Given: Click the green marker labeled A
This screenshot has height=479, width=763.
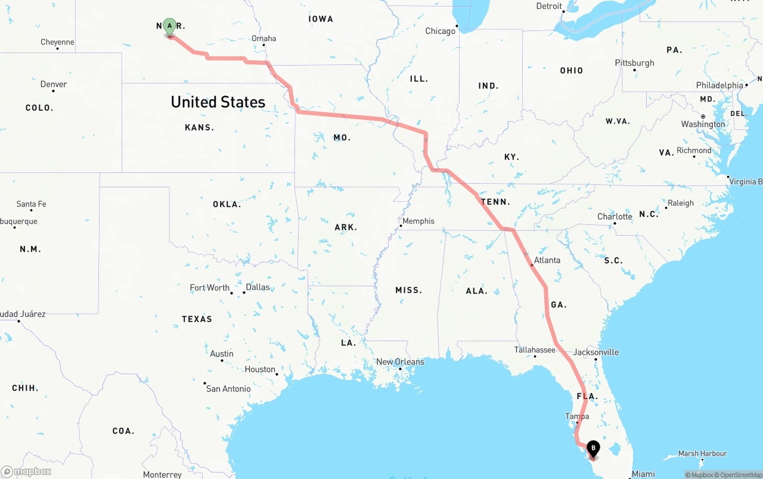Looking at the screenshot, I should [169, 26].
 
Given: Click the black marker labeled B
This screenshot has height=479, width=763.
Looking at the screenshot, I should [593, 448].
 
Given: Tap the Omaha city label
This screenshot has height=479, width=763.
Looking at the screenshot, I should [263, 38].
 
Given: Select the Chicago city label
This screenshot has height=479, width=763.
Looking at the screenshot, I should [440, 31].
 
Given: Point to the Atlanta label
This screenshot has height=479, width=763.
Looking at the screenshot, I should [547, 260].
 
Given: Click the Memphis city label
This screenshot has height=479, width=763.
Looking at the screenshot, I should [418, 221].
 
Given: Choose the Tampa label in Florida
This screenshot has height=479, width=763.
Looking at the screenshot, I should [577, 416].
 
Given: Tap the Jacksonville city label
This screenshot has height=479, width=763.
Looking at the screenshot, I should [595, 352].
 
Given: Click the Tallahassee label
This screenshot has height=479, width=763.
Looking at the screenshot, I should [535, 350].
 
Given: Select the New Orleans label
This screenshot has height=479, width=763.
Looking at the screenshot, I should [400, 361].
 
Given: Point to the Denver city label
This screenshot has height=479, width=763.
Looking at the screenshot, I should [54, 84].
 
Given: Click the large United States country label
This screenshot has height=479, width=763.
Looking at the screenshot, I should [218, 102].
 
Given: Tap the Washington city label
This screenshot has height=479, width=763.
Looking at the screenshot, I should [703, 124].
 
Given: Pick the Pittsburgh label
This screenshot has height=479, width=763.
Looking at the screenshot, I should [634, 63].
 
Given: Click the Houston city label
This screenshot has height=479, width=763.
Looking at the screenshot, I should [260, 369].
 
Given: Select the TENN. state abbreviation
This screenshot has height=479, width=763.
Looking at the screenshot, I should [495, 202].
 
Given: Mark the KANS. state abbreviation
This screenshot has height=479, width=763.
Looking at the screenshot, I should [199, 127].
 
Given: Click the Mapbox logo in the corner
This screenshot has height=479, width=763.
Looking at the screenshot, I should [26, 471].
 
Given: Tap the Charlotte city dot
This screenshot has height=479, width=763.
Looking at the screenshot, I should [615, 224].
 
